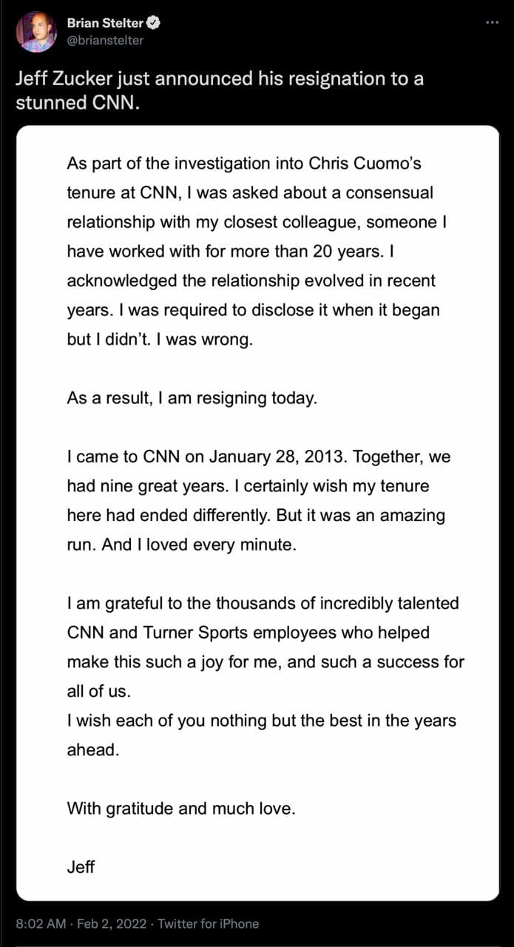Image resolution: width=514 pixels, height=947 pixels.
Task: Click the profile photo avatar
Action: [x=36, y=31]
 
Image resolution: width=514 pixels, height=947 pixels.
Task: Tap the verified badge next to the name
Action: [x=154, y=23]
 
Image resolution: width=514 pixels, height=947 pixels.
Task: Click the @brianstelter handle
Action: [x=105, y=40]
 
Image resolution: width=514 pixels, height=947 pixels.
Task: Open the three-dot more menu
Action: [x=492, y=23]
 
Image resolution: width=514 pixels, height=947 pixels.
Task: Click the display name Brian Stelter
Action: [x=105, y=23]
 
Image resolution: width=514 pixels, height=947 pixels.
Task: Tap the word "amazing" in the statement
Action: [x=409, y=515]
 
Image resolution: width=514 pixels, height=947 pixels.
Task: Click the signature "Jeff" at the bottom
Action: [x=81, y=866]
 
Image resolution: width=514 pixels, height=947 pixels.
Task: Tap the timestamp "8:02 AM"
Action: [x=41, y=923]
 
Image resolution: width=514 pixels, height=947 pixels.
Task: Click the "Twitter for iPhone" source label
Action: [x=209, y=923]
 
